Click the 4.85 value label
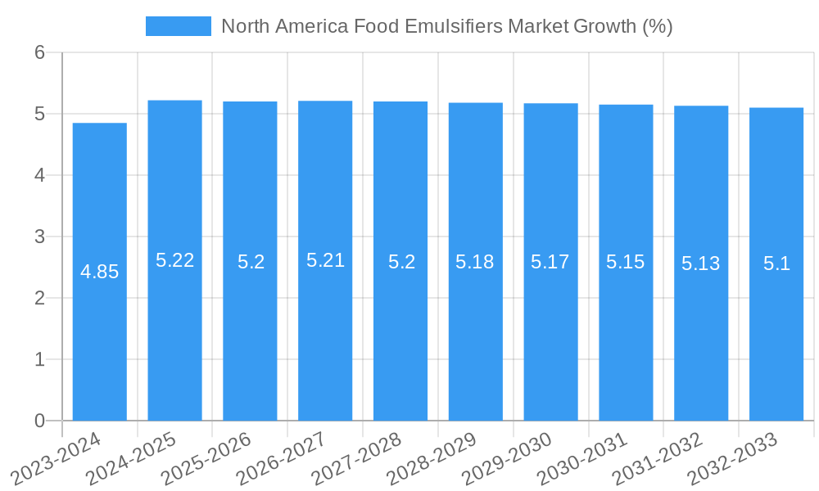(100, 272)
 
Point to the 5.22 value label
(174, 260)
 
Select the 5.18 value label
(475, 262)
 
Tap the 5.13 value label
(701, 264)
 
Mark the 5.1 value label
(776, 264)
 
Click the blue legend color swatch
(178, 26)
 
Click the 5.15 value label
(626, 262)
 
